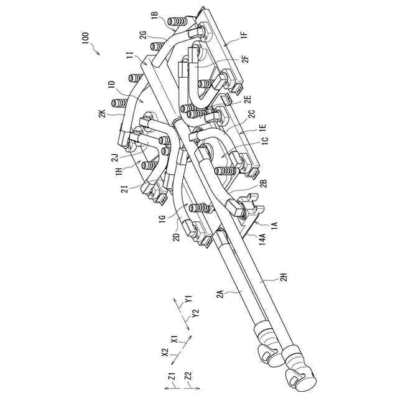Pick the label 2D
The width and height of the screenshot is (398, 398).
[x=178, y=239]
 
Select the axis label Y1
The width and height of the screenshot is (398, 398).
[x=190, y=300]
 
